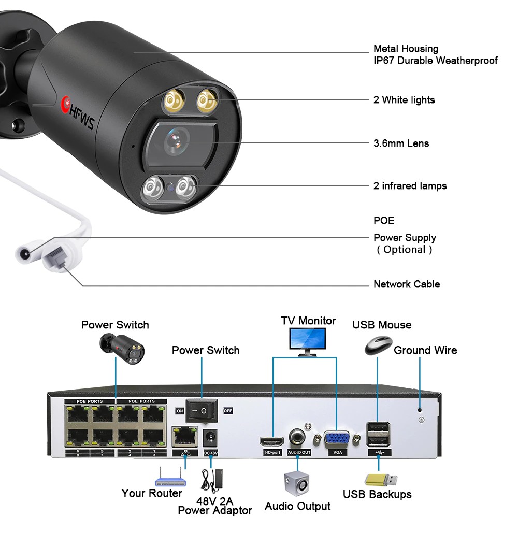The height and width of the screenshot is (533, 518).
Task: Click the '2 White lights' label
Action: [404, 100]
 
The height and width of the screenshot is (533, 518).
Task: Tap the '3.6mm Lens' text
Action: [401, 143]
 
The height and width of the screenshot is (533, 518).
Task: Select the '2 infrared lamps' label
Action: [410, 185]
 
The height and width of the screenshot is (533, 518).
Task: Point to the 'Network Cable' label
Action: [407, 284]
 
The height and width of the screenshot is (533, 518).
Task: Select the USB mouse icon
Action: [378, 345]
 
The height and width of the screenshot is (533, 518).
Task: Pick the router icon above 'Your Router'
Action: [171, 474]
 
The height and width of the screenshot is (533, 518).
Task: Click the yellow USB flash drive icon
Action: [381, 479]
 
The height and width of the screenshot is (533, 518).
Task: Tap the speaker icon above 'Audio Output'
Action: [297, 483]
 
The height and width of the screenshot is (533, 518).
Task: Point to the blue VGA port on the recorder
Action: [336, 440]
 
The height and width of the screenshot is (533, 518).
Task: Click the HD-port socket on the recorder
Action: [272, 442]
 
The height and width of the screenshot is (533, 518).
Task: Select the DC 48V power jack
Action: [210, 438]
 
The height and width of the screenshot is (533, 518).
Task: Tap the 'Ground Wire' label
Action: [425, 350]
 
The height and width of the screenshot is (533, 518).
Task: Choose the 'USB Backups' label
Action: [377, 494]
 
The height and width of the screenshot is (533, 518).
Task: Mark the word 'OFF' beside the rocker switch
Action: [228, 411]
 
